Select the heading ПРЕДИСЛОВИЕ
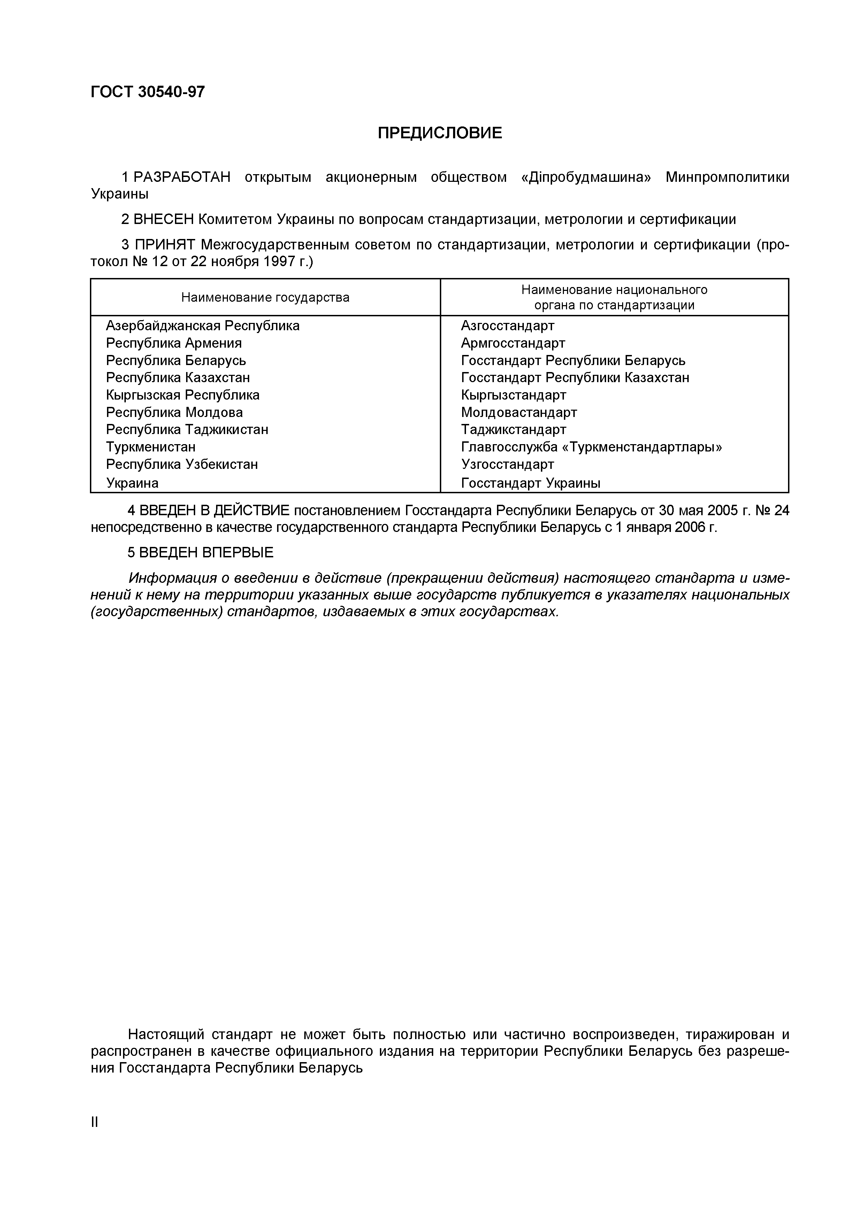(x=440, y=132)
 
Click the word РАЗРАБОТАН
(x=182, y=177)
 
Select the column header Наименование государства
(x=265, y=297)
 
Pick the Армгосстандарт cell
(x=513, y=343)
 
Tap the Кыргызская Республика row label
(x=183, y=395)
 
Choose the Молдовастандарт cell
(x=519, y=412)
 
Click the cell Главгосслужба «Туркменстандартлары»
(x=591, y=447)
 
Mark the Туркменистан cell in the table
(x=151, y=447)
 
